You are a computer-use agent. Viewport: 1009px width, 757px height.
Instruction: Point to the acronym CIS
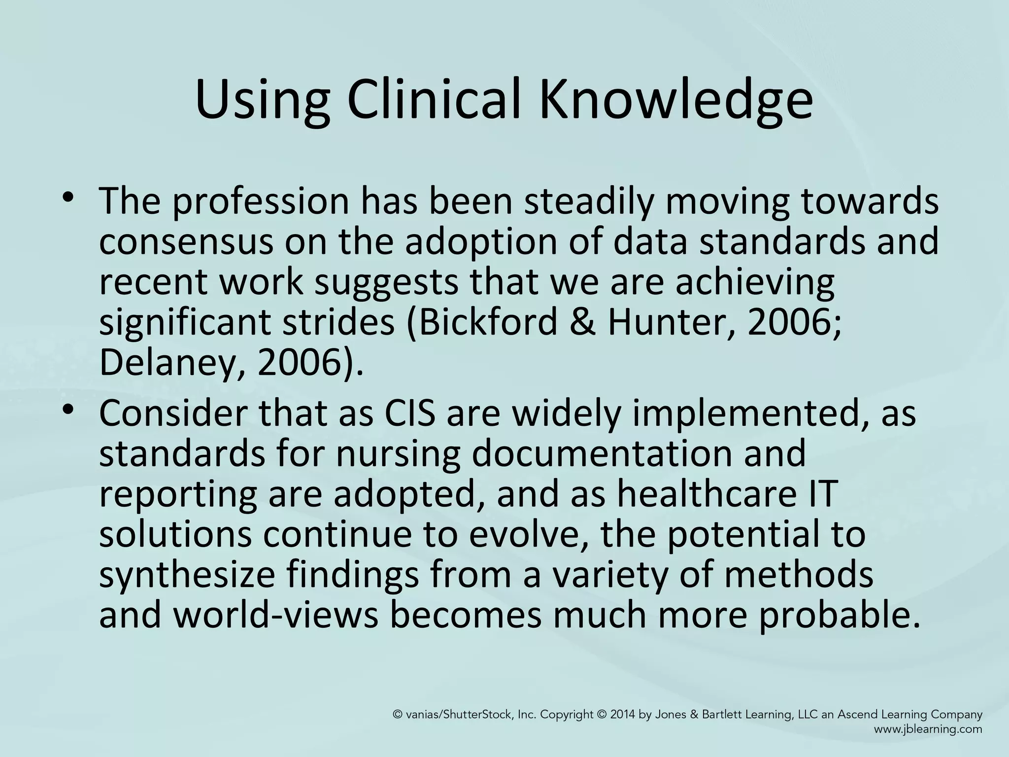[410, 414]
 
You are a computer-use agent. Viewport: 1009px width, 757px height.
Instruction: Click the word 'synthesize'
[187, 576]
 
